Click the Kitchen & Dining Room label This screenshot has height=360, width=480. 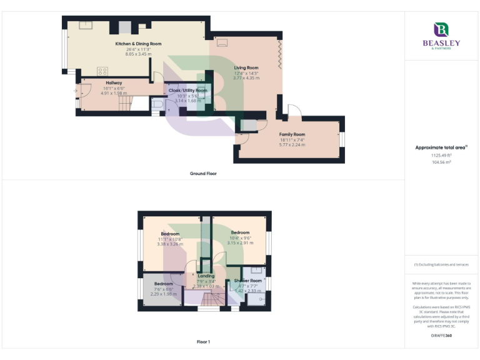click(139, 44)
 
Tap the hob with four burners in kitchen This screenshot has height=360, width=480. click(102, 71)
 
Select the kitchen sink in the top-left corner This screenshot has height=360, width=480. click(86, 26)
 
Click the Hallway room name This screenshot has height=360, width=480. click(114, 82)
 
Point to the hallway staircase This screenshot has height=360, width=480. click(128, 102)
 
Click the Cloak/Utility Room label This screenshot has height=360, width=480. click(187, 90)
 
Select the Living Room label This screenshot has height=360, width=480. click(246, 67)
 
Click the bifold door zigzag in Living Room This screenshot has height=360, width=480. click(279, 52)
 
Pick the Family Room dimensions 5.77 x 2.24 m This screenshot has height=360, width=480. click(292, 144)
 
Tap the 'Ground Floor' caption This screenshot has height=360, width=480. click(203, 173)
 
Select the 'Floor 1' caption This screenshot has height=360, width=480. click(203, 342)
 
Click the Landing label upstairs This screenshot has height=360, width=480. click(206, 276)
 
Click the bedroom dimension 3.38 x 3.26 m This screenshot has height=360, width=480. click(170, 244)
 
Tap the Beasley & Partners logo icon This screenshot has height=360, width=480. click(441, 30)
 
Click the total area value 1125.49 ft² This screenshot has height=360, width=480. click(441, 155)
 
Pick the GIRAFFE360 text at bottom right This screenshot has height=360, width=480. click(441, 336)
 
